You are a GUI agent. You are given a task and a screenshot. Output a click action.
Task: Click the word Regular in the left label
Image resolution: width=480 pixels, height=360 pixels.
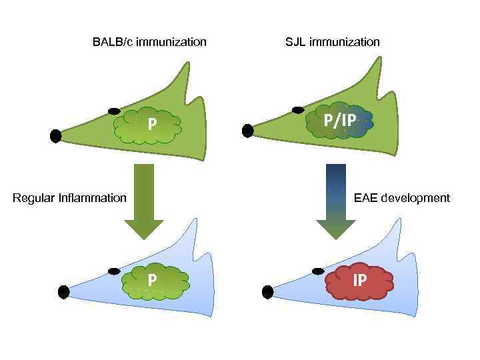pos(35,198)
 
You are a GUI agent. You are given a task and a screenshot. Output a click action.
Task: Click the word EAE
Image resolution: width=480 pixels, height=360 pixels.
pos(365,198)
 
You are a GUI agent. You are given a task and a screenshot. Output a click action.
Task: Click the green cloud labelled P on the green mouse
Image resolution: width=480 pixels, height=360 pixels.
pos(148,125)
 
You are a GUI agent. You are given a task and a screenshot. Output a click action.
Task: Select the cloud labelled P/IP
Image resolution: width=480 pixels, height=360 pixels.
pos(340,121)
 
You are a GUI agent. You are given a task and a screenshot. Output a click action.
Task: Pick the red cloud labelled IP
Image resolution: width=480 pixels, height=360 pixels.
pos(360,281)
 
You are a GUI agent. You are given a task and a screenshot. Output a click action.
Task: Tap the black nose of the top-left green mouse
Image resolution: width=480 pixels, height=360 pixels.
pos(56,136)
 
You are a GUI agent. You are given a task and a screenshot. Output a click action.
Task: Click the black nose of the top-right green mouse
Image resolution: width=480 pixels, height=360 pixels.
pos(248,131)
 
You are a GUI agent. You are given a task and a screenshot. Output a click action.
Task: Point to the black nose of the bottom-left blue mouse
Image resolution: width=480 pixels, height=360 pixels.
pos(64,291)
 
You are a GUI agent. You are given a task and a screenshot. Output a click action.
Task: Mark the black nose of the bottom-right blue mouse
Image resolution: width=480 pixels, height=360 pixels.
pos(268,291)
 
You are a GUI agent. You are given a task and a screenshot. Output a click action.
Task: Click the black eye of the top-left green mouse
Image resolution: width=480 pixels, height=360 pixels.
pos(114,110)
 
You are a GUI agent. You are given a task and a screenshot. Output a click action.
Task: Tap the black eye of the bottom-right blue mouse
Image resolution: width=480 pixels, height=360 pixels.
pos(317,271)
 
